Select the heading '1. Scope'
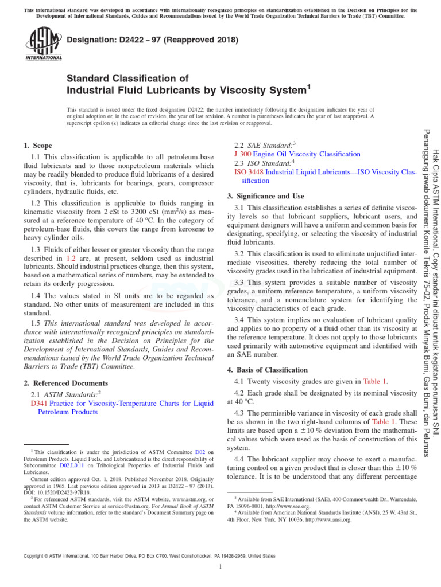(38, 146)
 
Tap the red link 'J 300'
(242, 154)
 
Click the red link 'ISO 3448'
(248, 171)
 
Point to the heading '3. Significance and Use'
(265, 195)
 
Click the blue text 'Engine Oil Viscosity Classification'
(307, 154)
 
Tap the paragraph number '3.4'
(240, 319)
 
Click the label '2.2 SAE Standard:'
(265, 146)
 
